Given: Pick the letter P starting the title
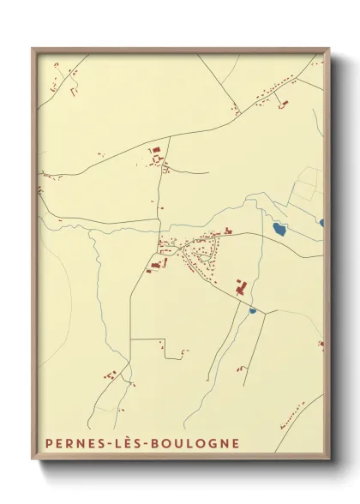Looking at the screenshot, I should coord(43,443).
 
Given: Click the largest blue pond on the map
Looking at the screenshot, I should coord(279,230).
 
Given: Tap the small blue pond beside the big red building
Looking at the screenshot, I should coord(253,310).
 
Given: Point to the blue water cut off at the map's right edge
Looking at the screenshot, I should coord(322,223).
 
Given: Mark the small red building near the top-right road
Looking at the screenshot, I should coord(285,104).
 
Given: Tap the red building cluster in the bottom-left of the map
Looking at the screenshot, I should coord(110,375).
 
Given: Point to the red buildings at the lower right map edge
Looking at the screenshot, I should coord(321,345).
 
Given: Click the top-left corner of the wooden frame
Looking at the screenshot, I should coord(33,49).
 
